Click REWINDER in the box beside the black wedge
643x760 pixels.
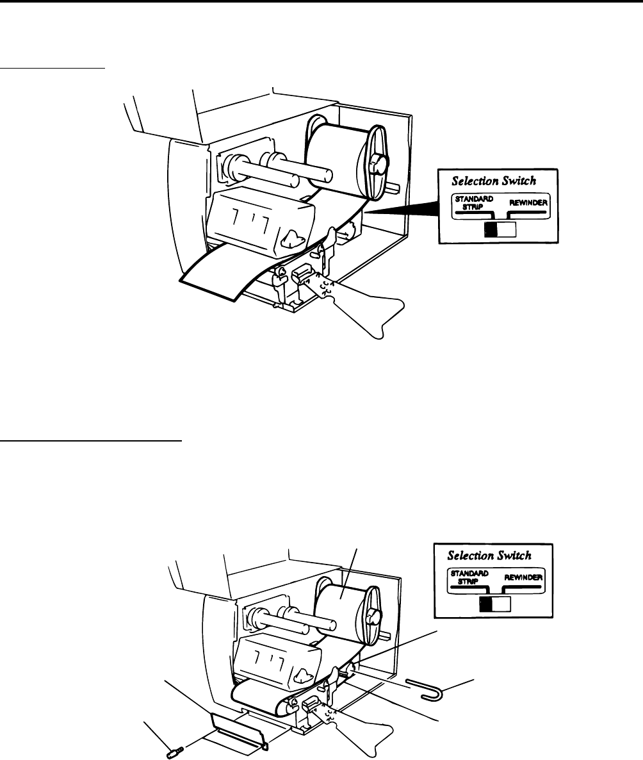click(527, 203)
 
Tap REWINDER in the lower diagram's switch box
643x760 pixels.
click(523, 577)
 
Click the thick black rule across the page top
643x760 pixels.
click(321, 2)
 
